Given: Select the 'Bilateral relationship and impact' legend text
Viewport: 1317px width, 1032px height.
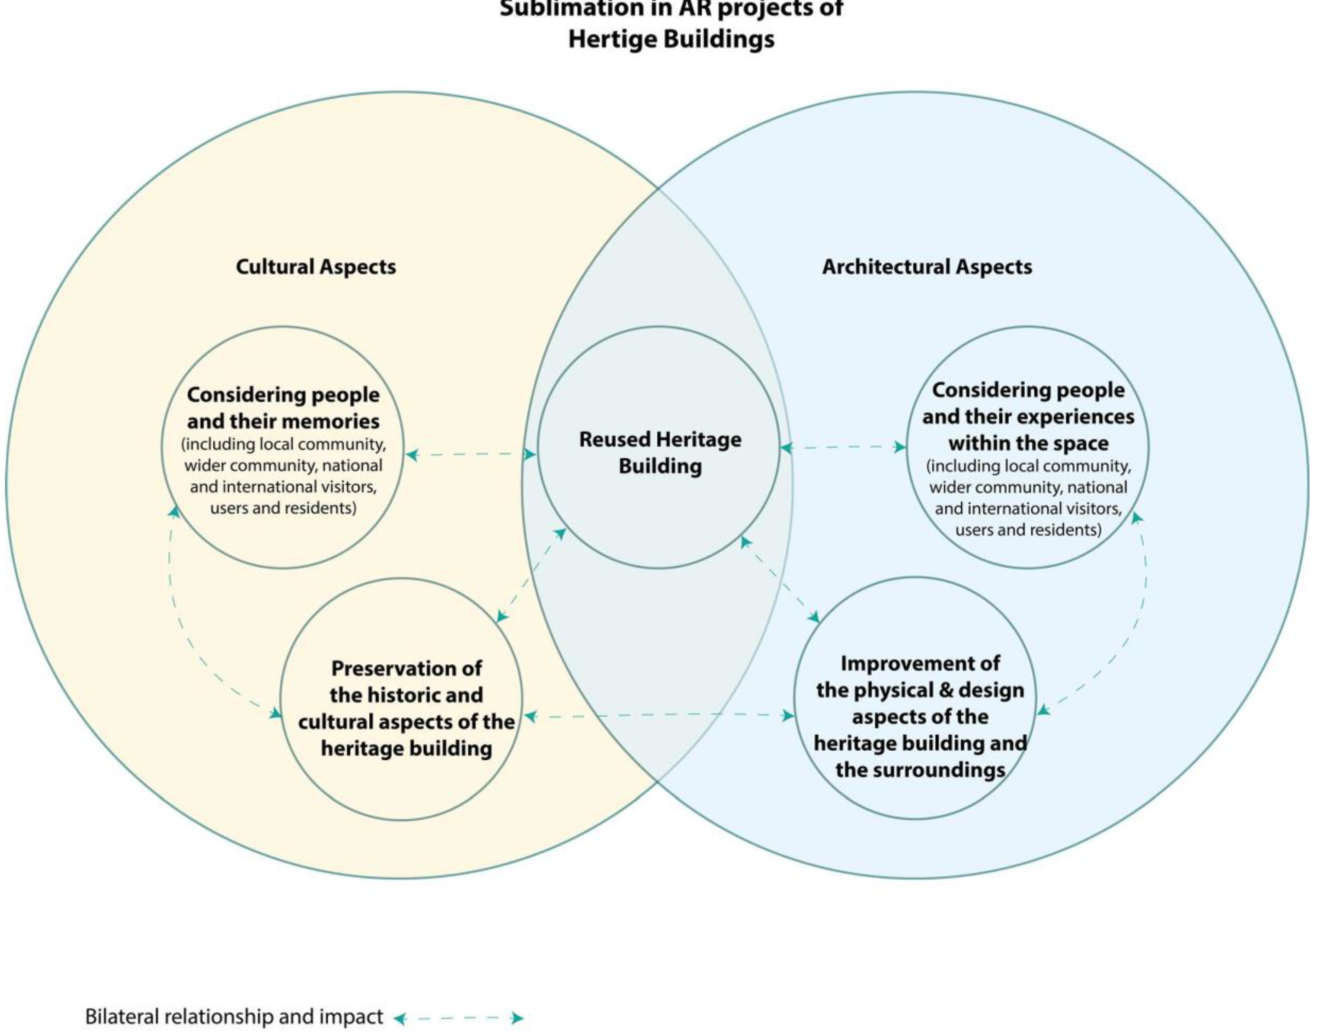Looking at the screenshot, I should coord(234,1017).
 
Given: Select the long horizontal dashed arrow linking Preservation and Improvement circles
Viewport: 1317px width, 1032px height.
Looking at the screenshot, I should coord(658,715).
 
